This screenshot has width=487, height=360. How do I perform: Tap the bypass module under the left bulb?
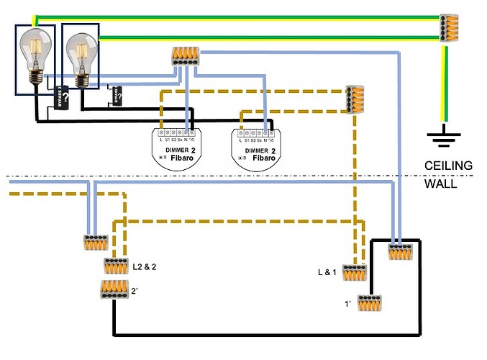62,99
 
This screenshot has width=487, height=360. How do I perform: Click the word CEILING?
448,166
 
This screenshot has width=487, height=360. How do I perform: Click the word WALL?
438,184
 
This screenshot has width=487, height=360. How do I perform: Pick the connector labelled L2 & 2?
116,266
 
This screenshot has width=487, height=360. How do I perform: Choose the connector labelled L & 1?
354,273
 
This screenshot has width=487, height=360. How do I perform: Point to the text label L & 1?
328,273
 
